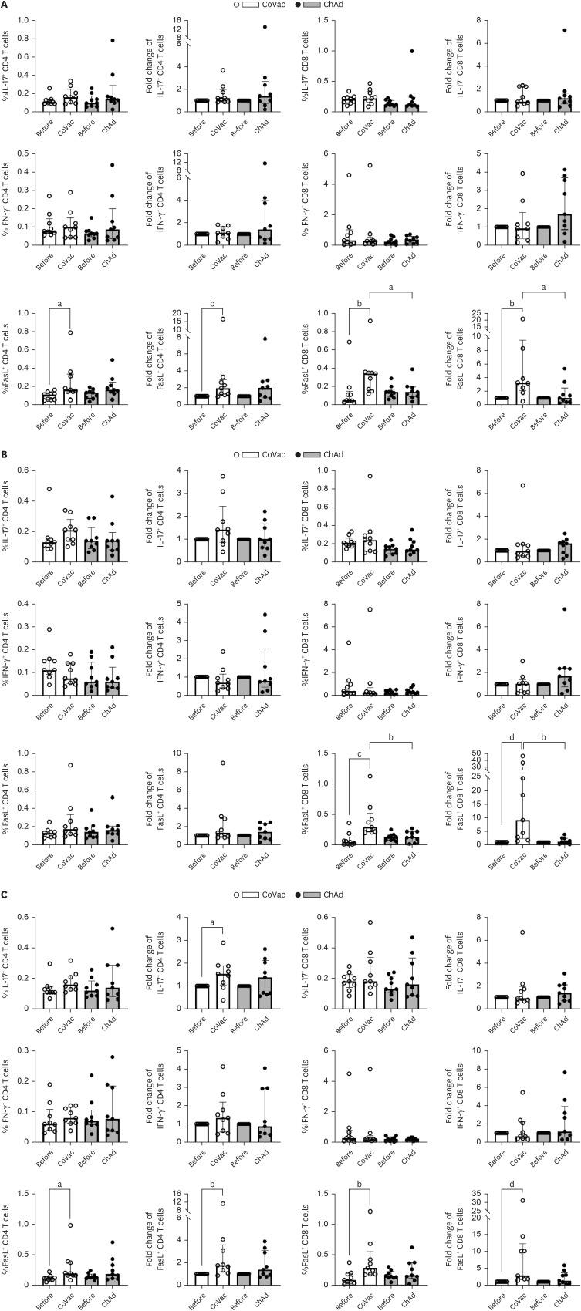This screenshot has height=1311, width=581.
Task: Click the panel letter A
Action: coord(5,5)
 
